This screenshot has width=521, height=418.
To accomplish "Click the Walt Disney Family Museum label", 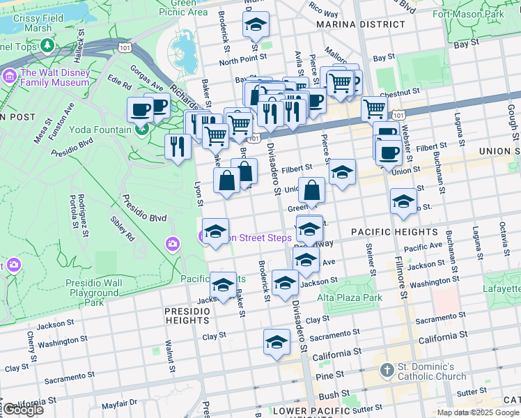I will [55, 77].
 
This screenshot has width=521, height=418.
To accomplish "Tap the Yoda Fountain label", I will [100, 130].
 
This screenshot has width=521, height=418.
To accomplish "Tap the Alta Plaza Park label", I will [350, 297].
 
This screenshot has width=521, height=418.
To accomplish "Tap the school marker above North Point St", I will [256, 24].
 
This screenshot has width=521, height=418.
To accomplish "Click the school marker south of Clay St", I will [277, 342].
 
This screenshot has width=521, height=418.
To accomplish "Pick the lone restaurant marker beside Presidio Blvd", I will [178, 146].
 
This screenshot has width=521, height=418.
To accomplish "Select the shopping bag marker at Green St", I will [311, 189].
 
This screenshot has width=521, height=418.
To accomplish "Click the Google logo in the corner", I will [22, 410].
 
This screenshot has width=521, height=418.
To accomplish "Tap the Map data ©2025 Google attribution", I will [476, 412].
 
